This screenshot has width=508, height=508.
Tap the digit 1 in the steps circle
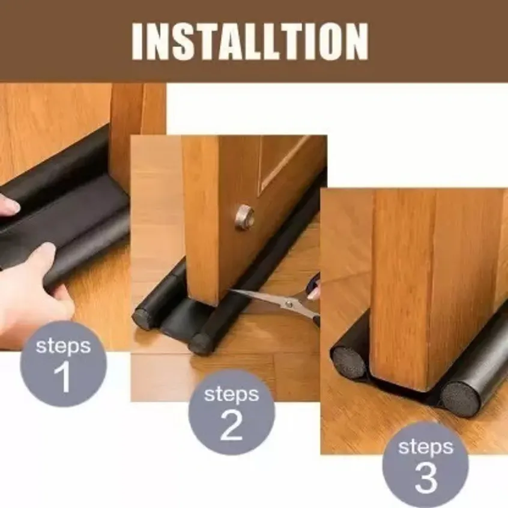[62, 376]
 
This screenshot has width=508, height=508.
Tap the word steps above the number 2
[231, 395]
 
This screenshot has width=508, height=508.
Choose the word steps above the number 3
[426, 447]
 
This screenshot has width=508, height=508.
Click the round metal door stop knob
[244, 217]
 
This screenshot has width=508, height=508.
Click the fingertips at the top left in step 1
[8, 206]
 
